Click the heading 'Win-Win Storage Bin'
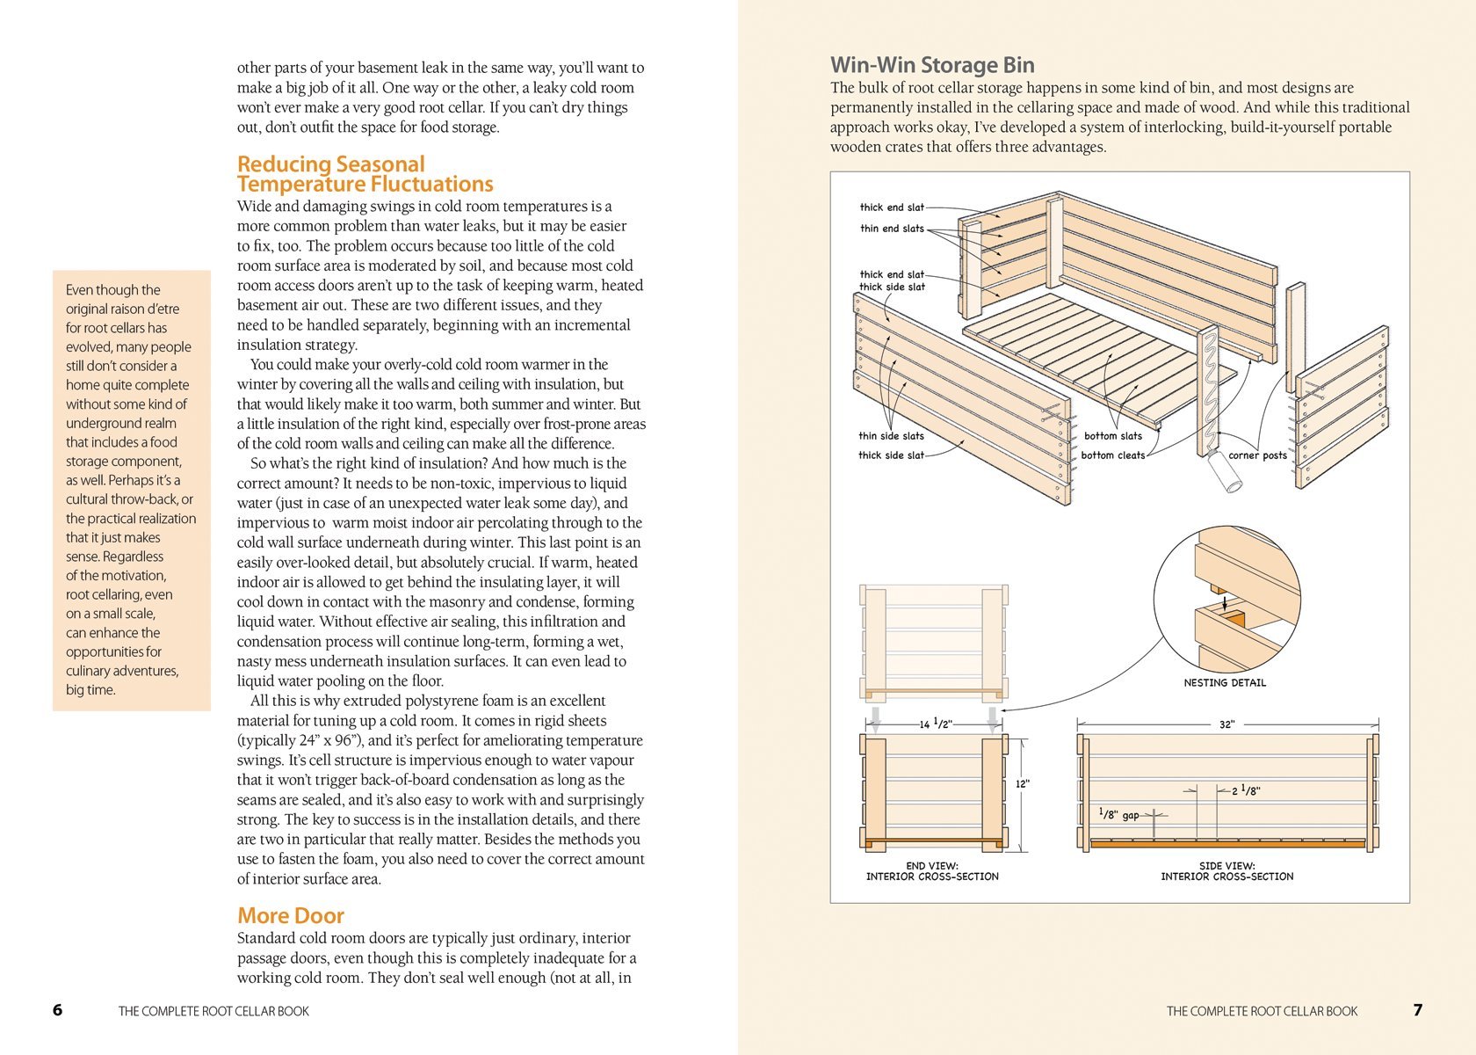932,65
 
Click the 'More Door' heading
290,915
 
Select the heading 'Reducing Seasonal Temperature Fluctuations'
365,174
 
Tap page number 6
58,1010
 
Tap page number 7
1417,1010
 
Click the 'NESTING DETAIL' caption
1225,683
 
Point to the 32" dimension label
1226,724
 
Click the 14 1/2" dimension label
936,724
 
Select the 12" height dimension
1023,783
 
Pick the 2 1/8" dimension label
1246,791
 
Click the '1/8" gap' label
1119,815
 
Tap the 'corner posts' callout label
1257,455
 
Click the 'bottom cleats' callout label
1112,455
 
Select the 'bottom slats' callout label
1112,436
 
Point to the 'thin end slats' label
892,229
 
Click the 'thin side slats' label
891,436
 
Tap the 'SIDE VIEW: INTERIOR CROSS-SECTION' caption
1226,871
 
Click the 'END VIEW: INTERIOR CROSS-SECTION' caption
932,871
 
